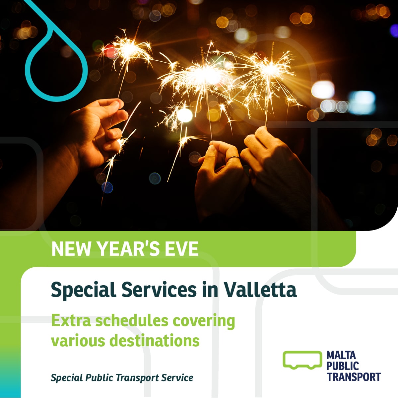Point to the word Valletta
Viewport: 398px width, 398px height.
click(260, 289)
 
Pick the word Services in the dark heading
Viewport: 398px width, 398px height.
click(159, 289)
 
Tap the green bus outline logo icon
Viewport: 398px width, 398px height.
click(302, 360)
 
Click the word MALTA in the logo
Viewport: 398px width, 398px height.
click(341, 355)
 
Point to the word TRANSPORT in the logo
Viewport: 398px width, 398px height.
click(354, 377)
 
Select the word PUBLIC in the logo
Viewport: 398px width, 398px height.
click(343, 366)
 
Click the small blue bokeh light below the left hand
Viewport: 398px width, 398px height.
click(107, 187)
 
